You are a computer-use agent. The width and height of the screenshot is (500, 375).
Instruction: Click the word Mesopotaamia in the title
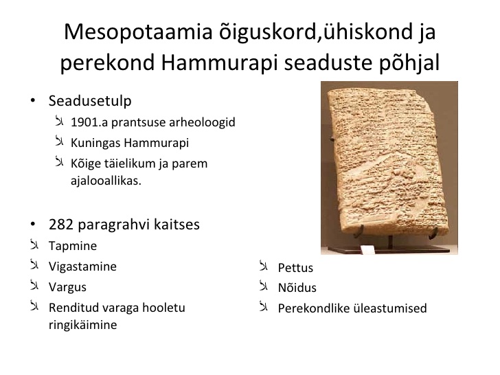click(x=138, y=32)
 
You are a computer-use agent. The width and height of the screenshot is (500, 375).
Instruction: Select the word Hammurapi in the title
click(x=219, y=62)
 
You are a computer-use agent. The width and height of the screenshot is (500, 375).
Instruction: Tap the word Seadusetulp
click(x=90, y=101)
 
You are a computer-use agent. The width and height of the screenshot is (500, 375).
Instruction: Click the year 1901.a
click(x=89, y=122)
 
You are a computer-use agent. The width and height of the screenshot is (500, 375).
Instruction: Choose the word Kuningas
click(x=95, y=143)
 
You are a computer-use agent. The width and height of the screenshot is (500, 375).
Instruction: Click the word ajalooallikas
click(x=106, y=181)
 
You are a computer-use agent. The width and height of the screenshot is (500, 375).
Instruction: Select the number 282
click(x=61, y=225)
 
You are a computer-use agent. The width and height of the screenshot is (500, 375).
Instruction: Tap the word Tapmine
click(x=73, y=246)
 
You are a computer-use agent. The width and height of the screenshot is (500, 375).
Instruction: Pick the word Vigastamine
click(x=82, y=267)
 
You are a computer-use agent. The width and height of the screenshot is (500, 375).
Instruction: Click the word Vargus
click(x=67, y=287)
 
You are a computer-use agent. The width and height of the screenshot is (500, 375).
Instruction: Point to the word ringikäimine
click(x=83, y=326)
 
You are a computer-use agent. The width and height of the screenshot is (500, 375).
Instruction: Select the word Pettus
click(x=295, y=268)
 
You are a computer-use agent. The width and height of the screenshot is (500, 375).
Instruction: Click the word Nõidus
click(x=297, y=288)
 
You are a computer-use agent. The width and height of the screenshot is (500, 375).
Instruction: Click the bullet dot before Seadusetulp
click(x=33, y=101)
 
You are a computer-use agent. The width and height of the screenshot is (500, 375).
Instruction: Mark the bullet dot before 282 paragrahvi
click(x=33, y=225)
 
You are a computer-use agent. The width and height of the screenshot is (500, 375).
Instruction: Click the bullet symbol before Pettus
click(x=264, y=266)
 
